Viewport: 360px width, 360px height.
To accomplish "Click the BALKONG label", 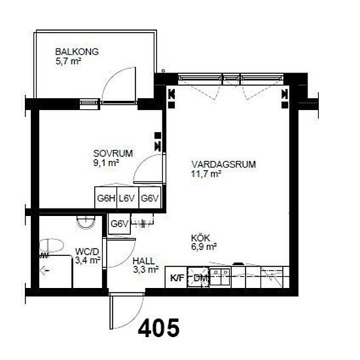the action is click(x=77, y=52).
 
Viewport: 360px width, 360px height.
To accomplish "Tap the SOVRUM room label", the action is click(x=113, y=153).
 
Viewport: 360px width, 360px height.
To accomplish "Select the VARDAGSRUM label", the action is click(x=224, y=164).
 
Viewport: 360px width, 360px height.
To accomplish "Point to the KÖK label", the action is click(x=200, y=238).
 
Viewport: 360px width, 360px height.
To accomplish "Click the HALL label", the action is click(x=144, y=261).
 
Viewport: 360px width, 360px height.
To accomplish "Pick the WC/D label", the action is click(x=87, y=251).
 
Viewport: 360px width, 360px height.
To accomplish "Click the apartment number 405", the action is click(x=158, y=328).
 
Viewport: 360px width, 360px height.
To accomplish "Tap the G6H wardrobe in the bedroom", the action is click(x=106, y=198).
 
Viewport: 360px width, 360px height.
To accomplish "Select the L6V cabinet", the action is click(x=128, y=198).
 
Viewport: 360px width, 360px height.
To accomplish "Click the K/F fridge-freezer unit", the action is click(x=177, y=278).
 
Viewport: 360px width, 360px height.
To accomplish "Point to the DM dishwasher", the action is click(x=198, y=278).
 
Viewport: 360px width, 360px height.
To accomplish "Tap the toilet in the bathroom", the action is click(x=52, y=245).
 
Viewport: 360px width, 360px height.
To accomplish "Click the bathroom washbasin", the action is click(x=86, y=222).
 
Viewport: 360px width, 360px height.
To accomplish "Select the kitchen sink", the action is click(x=220, y=276).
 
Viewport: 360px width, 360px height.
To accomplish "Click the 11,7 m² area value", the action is click(x=206, y=174).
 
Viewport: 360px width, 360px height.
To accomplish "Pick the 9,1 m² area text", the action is click(x=106, y=163).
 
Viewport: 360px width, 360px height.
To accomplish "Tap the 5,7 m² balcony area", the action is click(x=68, y=62).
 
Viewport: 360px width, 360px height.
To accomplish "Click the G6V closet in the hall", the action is click(x=119, y=224).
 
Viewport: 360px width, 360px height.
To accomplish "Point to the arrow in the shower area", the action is click(x=45, y=271).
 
